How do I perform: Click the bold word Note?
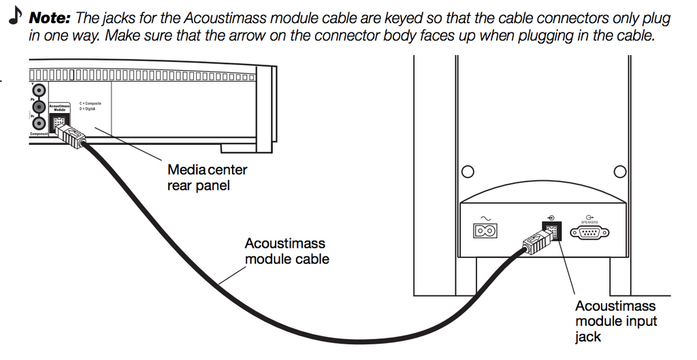point(49,18)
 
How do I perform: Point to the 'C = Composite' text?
point(90,103)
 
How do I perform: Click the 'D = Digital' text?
point(87,108)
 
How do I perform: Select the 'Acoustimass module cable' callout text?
point(287,250)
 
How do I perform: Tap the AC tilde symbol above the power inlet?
point(485,218)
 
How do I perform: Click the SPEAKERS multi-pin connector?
point(589,233)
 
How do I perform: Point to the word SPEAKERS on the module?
point(589,223)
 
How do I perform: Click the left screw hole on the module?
point(467,170)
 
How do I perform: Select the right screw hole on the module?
point(619,170)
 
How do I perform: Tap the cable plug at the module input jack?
point(536,242)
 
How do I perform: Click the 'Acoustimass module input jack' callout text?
point(615,321)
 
